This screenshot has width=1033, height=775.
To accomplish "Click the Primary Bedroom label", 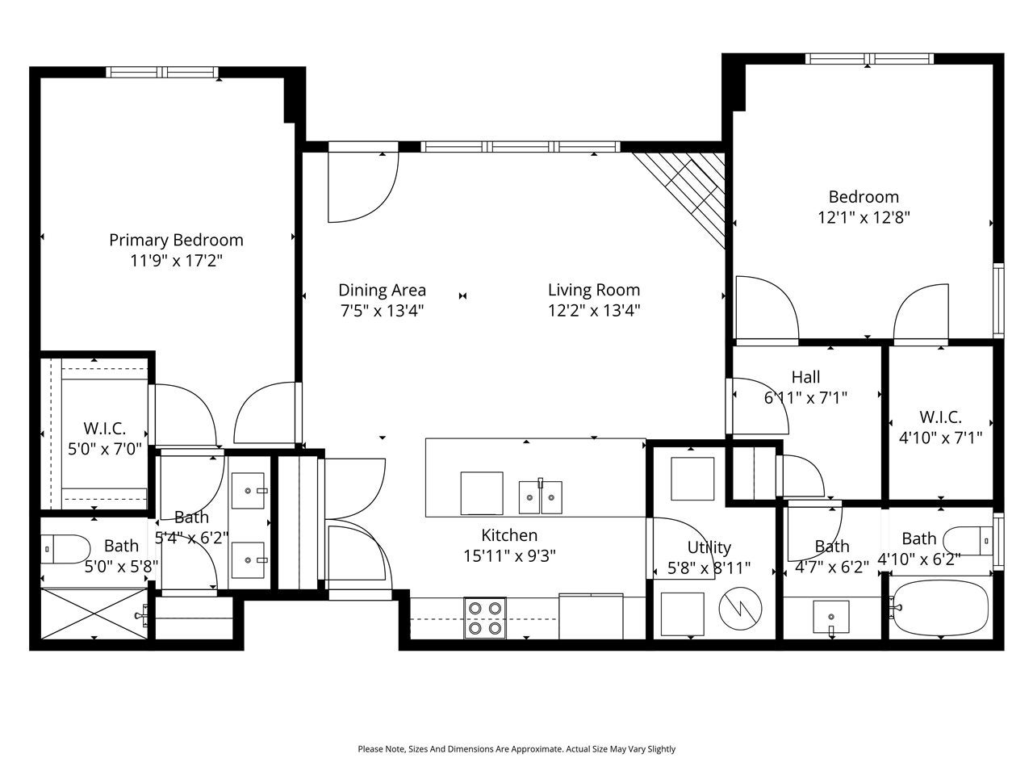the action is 176,240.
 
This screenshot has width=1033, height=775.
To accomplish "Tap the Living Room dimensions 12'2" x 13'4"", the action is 594,311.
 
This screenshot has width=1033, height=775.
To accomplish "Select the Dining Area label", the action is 383,290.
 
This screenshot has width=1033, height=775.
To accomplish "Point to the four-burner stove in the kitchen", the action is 485,618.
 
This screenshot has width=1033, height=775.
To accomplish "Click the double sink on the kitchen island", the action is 540,497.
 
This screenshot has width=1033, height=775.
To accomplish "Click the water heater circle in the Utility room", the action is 740,609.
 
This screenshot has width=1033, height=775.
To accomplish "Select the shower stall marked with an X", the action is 94,613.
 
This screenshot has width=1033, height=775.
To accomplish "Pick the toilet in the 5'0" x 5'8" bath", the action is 65,549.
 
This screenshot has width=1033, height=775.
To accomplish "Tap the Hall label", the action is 805,377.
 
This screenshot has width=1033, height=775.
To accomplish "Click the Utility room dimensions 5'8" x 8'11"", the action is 709,568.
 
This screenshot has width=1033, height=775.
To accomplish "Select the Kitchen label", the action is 509,535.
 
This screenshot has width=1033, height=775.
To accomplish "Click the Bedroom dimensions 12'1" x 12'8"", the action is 864,218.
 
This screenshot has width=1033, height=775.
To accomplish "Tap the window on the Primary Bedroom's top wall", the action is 162,73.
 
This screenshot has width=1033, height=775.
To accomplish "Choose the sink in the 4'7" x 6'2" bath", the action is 831,617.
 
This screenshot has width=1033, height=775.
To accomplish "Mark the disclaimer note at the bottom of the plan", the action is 516,748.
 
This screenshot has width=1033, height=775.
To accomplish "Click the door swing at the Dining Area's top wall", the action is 363,187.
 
